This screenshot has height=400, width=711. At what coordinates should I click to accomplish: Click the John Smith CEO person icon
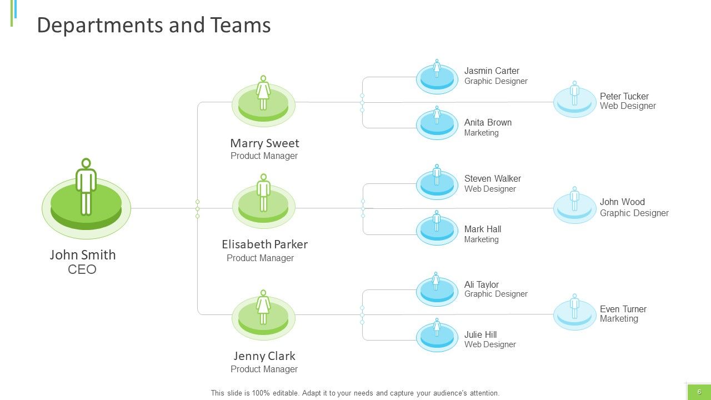[86, 198]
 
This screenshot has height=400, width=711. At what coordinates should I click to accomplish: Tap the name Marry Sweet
[264, 143]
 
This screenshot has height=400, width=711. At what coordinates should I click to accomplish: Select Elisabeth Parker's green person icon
[263, 201]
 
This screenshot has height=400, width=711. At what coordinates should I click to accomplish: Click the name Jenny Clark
[264, 356]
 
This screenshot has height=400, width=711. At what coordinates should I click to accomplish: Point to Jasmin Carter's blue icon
[437, 77]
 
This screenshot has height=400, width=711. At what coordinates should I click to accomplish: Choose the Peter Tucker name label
[624, 96]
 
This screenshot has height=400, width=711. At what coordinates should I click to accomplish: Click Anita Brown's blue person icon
[437, 123]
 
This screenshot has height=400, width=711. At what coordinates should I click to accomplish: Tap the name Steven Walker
[492, 178]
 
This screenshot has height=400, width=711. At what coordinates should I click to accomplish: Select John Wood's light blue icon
[575, 206]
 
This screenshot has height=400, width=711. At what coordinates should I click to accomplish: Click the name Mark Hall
[483, 229]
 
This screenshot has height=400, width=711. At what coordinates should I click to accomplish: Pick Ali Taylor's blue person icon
[437, 289]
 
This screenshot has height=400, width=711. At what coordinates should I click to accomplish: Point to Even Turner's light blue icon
[575, 312]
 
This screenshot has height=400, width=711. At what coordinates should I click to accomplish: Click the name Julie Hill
[480, 334]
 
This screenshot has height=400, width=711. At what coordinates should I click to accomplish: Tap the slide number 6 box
[699, 392]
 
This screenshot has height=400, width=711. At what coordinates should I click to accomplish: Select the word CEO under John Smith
[82, 269]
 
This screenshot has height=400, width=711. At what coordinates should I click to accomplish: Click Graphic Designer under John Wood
[634, 213]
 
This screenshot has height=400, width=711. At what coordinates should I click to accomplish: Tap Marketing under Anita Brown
[481, 133]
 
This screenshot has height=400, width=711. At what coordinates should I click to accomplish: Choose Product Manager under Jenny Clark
[264, 369]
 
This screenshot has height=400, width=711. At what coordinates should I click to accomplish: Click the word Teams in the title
[241, 25]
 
